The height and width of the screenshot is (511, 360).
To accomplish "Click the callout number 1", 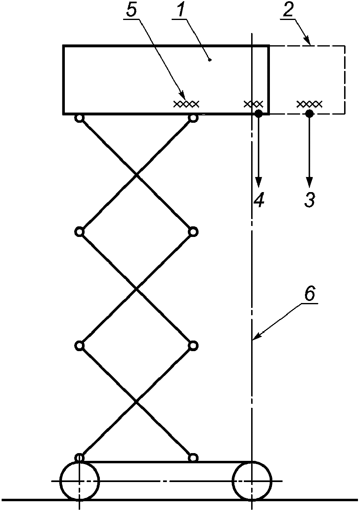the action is pyautogui.click(x=181, y=11).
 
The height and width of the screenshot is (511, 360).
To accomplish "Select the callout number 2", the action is pyautogui.click(x=288, y=11).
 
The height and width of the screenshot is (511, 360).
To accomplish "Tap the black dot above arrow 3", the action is pyautogui.click(x=309, y=114).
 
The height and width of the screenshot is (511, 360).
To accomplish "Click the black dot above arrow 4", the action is pyautogui.click(x=258, y=114).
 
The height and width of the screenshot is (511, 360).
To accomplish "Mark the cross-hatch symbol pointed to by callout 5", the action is pyautogui.click(x=186, y=104).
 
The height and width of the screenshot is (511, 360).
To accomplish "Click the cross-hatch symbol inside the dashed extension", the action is pyautogui.click(x=309, y=104).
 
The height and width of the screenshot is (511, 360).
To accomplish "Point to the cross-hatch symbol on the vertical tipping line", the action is pyautogui.click(x=254, y=104).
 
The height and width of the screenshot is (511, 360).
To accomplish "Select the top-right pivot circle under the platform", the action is pyautogui.click(x=193, y=118).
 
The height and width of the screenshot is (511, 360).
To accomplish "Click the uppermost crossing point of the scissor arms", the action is pyautogui.click(x=136, y=175).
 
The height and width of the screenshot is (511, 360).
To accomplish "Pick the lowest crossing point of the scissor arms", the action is pyautogui.click(x=136, y=402).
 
